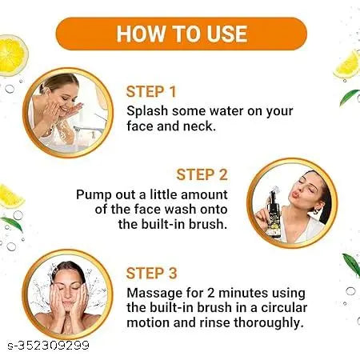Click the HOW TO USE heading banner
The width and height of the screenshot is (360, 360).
coord(182,34)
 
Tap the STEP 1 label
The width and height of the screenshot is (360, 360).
coord(151,92)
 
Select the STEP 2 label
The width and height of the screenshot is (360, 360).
coord(202,175)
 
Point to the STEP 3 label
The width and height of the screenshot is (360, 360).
coord(151,274)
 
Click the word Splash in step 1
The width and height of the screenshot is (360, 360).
coord(147,111)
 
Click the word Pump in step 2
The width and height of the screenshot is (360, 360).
coord(94,195)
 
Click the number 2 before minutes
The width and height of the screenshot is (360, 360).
coord(211,293)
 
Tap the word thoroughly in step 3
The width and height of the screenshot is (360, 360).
coord(269,323)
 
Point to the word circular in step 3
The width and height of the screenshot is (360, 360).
coord(284,308)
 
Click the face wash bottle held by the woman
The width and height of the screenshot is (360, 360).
coord(272,214)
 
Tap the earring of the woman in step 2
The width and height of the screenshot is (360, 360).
coord(316,211)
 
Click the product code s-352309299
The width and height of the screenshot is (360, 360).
coord(48,346)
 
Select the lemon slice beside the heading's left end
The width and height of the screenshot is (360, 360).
coord(12,55)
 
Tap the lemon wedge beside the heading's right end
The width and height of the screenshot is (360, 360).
coord(347,65)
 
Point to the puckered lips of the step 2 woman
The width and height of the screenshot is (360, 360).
coord(297,194)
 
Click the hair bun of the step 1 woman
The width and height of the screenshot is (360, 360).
coord(42,89)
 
